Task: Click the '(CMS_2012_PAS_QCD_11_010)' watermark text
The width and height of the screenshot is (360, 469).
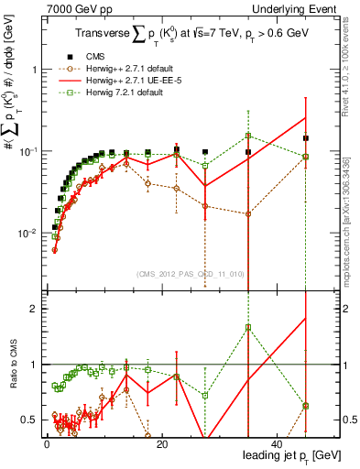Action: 190,273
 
